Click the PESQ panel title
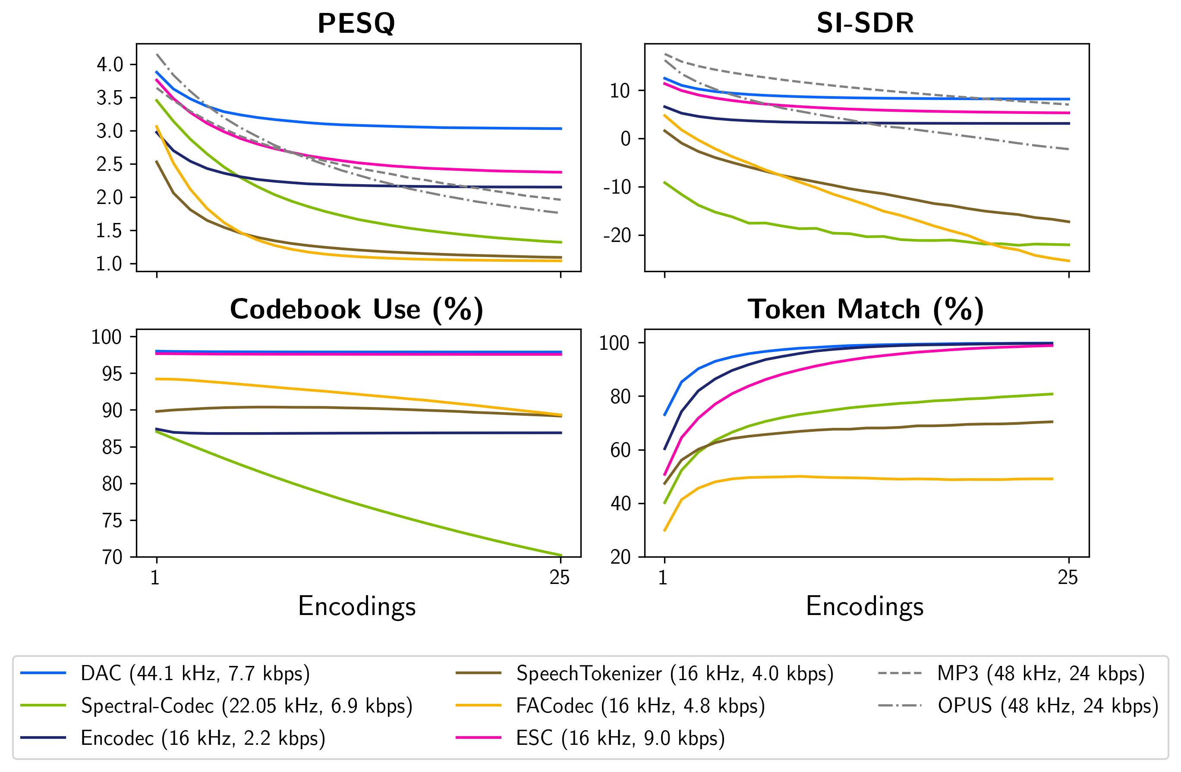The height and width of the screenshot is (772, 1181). coord(356,23)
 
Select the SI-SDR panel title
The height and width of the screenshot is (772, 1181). coord(865,23)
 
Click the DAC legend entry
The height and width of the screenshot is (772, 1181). coord(195,673)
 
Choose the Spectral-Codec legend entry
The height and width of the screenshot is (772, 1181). coord(247,706)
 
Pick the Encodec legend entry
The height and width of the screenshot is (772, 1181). coord(203,738)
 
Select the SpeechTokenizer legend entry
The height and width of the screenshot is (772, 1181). coord(674,673)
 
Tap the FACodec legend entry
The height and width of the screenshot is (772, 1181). coord(640,706)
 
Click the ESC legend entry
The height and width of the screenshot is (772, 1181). coord(620,738)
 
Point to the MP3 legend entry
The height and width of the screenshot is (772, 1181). coord(1041,673)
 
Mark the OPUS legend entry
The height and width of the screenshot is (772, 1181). coord(1048,706)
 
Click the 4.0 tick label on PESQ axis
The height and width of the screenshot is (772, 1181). coord(110,64)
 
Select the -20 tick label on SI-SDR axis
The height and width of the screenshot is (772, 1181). coord(616,235)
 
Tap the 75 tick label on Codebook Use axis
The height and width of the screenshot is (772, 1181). coord(112,521)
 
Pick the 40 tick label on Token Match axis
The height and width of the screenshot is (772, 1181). coord(620,504)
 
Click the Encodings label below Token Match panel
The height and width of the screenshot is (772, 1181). coord(865,606)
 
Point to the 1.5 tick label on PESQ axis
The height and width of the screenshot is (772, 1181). coord(110,231)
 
